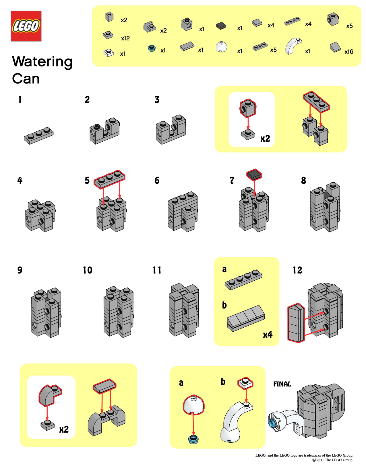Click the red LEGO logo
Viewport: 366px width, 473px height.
pyautogui.click(x=26, y=26)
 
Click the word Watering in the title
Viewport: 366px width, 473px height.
pyautogui.click(x=42, y=62)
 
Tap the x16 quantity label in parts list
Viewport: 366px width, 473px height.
pyautogui.click(x=348, y=52)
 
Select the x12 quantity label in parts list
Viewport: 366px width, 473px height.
pyautogui.click(x=125, y=38)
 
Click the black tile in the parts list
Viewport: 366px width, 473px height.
pyautogui.click(x=221, y=26)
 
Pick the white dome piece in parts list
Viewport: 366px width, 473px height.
pyautogui.click(x=221, y=47)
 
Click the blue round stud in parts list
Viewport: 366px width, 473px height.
pyautogui.click(x=152, y=48)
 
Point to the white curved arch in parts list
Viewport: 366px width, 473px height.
pyautogui.click(x=293, y=46)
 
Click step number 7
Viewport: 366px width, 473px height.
pyautogui.click(x=232, y=180)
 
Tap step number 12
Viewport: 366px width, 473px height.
pyautogui.click(x=297, y=270)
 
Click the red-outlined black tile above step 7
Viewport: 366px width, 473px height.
pyautogui.click(x=254, y=174)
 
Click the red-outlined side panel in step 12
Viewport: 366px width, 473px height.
pyautogui.click(x=296, y=323)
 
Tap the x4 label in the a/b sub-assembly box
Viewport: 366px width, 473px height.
pyautogui.click(x=268, y=335)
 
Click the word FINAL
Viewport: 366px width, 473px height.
pyautogui.click(x=282, y=384)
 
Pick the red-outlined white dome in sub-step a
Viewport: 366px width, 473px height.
pyautogui.click(x=194, y=404)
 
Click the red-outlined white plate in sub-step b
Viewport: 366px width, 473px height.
pyautogui.click(x=245, y=383)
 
